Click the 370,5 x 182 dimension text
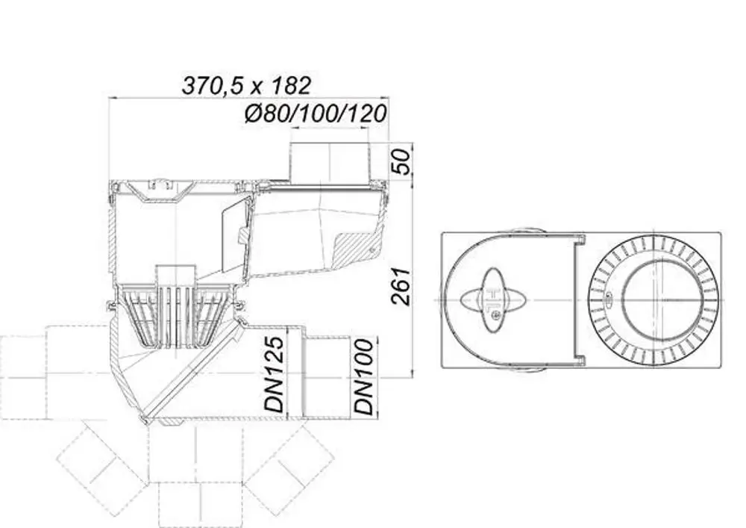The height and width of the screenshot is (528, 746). coord(246,86)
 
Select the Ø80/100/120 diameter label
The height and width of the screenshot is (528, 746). coord(316,114)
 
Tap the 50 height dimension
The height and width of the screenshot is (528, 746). coord(401,162)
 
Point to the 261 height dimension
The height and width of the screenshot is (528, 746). coord(401,286)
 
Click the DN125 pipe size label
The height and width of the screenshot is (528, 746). coord(275,374)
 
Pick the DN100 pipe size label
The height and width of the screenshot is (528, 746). coord(364,376)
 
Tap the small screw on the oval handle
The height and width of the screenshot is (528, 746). coord(497,314)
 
